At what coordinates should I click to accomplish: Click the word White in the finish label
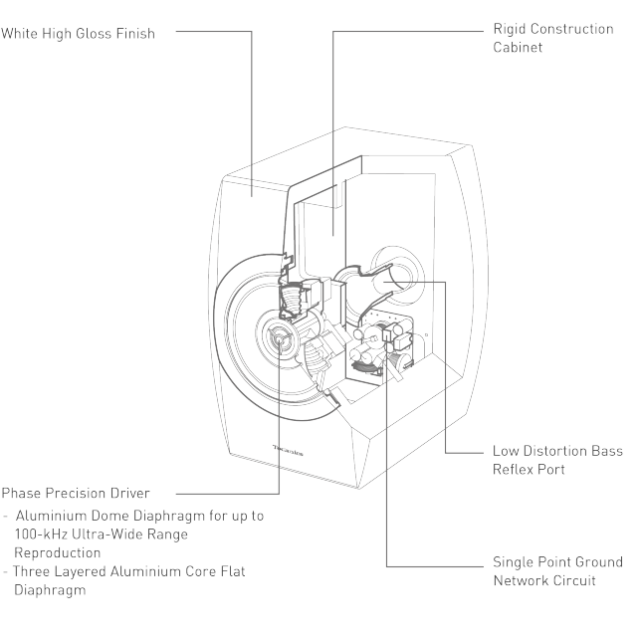point(20,33)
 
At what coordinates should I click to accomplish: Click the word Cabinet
point(518,47)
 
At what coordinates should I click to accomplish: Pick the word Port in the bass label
point(551,470)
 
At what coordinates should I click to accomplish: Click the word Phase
point(21,493)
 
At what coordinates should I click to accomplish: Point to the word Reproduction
point(58,553)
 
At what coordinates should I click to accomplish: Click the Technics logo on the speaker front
point(288,451)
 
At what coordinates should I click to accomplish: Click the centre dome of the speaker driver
point(280,338)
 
